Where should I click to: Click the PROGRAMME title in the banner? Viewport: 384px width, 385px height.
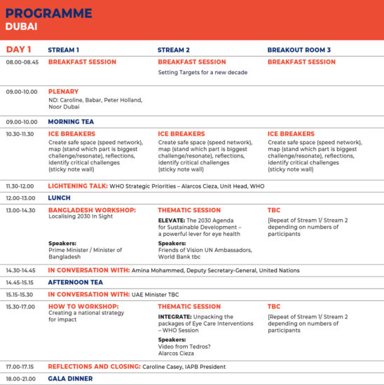pos(48,13)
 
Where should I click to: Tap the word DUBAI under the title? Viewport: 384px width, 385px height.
pos(22,27)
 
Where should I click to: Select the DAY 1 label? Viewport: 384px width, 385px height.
pos(18,50)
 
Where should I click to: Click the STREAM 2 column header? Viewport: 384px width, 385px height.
pos(174,50)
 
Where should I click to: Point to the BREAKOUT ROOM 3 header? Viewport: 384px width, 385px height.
pos(299,50)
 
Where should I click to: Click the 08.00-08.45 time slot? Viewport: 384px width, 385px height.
pos(22,62)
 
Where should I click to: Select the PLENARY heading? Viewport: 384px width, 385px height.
pos(64,92)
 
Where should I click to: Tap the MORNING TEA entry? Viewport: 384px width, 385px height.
pos(71,122)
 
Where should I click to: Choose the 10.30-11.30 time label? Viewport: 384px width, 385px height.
pos(20,134)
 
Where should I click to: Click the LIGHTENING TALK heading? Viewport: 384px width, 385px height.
pos(78,186)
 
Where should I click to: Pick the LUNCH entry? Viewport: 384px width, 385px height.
pos(60,198)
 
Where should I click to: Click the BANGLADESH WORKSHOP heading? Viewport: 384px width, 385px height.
pos(92,210)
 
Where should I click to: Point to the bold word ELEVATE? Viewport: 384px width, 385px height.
pos(172,220)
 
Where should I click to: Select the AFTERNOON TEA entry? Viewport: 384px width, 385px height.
pos(76,282)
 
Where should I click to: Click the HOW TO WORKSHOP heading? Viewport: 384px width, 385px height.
pos(83,307)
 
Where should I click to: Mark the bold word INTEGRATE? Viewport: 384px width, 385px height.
pos(174,316)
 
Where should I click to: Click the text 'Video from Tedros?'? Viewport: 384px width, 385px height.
pos(184,346)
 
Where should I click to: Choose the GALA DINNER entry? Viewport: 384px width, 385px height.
pos(70,379)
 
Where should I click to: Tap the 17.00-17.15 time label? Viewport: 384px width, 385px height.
pos(20,367)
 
